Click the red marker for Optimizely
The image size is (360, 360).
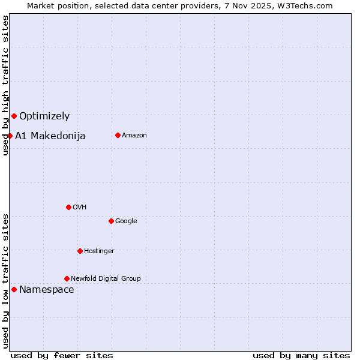(14, 116)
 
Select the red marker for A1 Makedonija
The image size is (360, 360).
(10, 136)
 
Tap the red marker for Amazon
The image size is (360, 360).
(118, 135)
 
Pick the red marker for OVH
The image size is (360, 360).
(68, 207)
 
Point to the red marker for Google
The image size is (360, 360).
(111, 221)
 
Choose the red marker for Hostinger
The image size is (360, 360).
(80, 251)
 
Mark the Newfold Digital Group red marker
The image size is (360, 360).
(67, 278)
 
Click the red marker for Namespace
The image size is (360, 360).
(14, 289)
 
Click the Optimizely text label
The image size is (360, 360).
(44, 116)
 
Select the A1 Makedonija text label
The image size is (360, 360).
(50, 136)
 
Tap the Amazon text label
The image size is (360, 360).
(134, 136)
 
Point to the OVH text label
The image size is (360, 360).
(80, 208)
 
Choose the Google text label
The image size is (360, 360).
(126, 221)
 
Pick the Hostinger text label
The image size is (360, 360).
(99, 251)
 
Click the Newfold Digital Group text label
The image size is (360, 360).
(106, 279)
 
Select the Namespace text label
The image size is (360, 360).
(47, 290)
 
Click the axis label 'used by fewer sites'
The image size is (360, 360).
(62, 355)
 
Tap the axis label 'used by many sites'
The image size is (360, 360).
(301, 355)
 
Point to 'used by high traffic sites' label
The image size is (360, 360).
(5, 85)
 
